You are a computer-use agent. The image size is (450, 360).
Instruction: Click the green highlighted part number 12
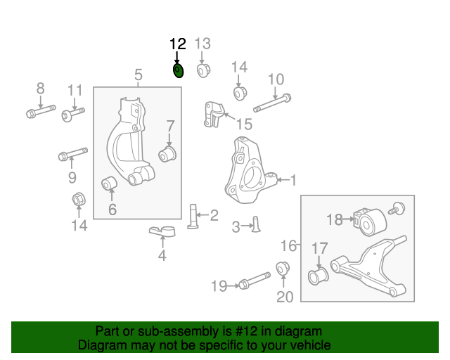click(178, 70)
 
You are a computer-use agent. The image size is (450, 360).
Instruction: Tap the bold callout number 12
click(178, 44)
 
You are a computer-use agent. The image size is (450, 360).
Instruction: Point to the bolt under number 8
click(40, 111)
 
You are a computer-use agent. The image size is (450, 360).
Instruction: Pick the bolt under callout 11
click(73, 113)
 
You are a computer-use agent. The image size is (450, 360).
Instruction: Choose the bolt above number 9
click(72, 154)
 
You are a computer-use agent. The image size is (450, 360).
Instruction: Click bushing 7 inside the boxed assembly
click(169, 153)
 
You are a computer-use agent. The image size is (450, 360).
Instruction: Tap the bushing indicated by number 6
click(110, 185)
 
